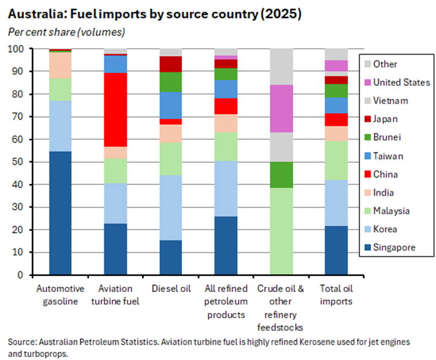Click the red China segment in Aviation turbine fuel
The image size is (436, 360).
[115, 109]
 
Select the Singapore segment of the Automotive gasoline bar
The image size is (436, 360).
[60, 213]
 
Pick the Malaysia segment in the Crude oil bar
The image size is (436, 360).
[282, 231]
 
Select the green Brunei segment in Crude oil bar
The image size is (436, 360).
[282, 175]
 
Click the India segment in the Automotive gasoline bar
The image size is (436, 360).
[60, 65]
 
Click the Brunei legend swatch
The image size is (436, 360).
[367, 138]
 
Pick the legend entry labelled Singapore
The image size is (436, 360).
[394, 247]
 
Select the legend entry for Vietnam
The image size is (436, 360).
[390, 101]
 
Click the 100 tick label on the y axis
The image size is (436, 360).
[20, 49]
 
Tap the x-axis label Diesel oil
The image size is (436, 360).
[171, 289]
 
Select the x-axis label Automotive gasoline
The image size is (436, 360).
[60, 295]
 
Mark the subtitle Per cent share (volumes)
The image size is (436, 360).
[67, 32]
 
